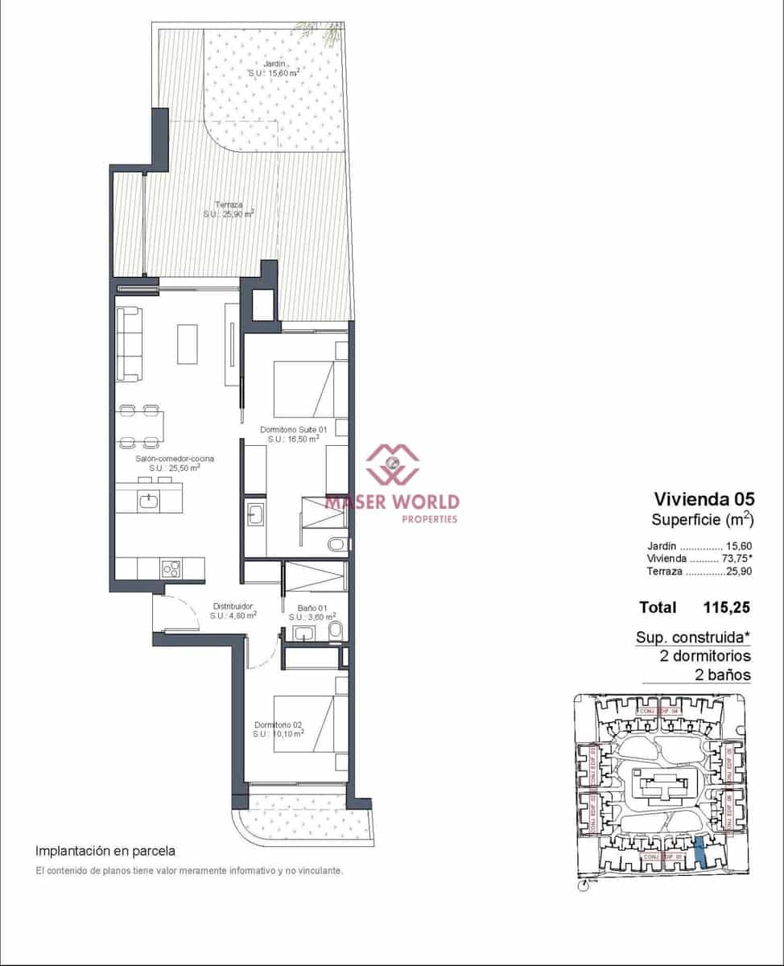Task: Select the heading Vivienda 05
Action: [x=706, y=497]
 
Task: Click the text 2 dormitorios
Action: [x=704, y=656]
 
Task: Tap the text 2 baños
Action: [x=722, y=675]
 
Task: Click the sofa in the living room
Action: [x=130, y=344]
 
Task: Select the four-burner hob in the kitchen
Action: [x=171, y=568]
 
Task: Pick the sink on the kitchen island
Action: [x=147, y=502]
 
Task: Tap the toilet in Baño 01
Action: [x=336, y=629]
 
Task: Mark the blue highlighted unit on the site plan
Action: [x=703, y=851]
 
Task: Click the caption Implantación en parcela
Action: [x=105, y=850]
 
